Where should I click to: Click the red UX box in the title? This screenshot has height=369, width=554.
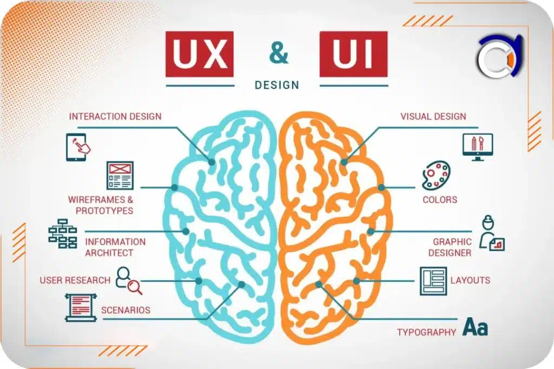[200, 54]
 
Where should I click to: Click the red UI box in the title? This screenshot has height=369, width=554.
[353, 54]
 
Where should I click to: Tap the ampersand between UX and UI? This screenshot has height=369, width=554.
[279, 52]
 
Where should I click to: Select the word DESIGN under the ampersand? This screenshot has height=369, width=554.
[276, 85]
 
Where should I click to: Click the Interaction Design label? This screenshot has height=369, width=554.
[115, 116]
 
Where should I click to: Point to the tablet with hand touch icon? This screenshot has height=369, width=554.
[78, 147]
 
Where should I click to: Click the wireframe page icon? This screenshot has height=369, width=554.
[120, 175]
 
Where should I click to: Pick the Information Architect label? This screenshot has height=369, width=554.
[115, 247]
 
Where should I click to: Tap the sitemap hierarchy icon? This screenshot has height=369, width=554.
[63, 233]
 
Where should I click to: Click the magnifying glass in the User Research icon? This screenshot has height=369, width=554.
[135, 287]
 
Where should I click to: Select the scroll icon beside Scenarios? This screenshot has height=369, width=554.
[81, 307]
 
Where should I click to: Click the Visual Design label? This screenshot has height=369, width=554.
[433, 116]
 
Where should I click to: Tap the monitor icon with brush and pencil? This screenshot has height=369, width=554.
[478, 147]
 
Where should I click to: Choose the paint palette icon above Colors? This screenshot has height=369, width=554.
[437, 175]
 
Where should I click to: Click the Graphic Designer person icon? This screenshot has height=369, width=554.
[491, 233]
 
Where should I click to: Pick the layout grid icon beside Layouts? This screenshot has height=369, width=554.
[433, 281]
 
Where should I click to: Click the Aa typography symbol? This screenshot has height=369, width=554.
[476, 327]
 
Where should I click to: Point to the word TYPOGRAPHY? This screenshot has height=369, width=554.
[426, 332]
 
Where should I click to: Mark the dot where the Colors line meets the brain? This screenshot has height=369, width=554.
[381, 187]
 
